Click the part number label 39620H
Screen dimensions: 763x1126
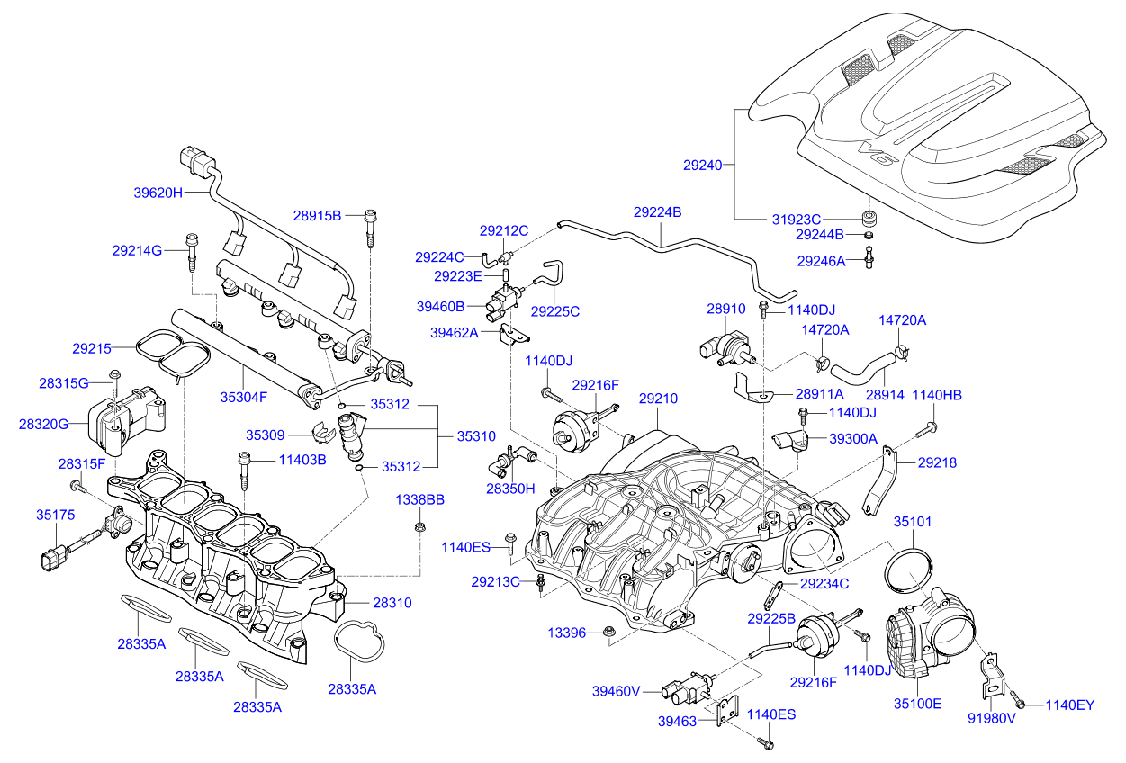(158, 193)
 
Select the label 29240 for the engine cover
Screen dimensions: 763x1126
(702, 166)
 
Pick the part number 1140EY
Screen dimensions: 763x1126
(1069, 705)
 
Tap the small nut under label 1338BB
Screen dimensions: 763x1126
(419, 526)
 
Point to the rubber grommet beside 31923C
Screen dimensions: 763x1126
(869, 219)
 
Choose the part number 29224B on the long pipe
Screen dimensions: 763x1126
(657, 212)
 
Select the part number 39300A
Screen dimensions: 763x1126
(853, 438)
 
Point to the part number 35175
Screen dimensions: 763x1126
(55, 516)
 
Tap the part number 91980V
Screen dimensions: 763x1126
(991, 718)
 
